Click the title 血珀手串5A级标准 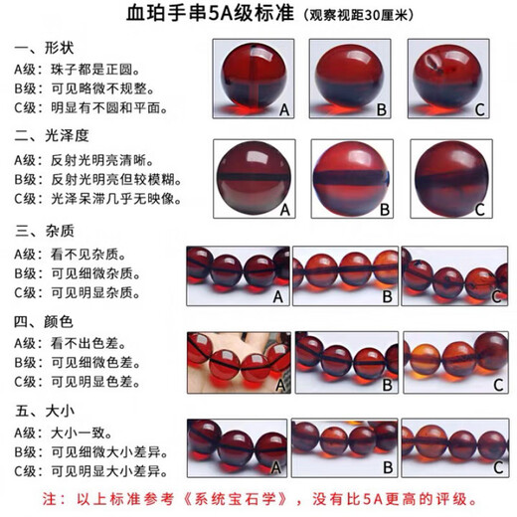pyautogui.click(x=210, y=14)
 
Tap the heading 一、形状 pyautogui.click(x=44, y=49)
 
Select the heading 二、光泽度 pyautogui.click(x=52, y=136)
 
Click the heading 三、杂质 pyautogui.click(x=45, y=231)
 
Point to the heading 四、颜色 pyautogui.click(x=44, y=322)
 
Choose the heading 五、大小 pyautogui.click(x=45, y=412)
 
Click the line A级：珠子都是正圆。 pyautogui.click(x=77, y=70)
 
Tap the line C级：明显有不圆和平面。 pyautogui.click(x=90, y=108)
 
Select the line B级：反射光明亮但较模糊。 pyautogui.click(x=97, y=180)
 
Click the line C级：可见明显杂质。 pyautogui.click(x=77, y=293)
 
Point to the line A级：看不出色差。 pyautogui.click(x=70, y=343)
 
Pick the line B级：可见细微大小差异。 pyautogui.click(x=90, y=452)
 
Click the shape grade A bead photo pyautogui.click(x=254, y=79)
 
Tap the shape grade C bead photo pyautogui.click(x=448, y=79)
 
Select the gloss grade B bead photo pyautogui.click(x=352, y=179)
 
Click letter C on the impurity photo pyautogui.click(x=496, y=296)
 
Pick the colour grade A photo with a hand pyautogui.click(x=239, y=363)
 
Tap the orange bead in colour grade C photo pyautogui.click(x=422, y=360)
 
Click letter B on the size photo pyautogui.click(x=388, y=467)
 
